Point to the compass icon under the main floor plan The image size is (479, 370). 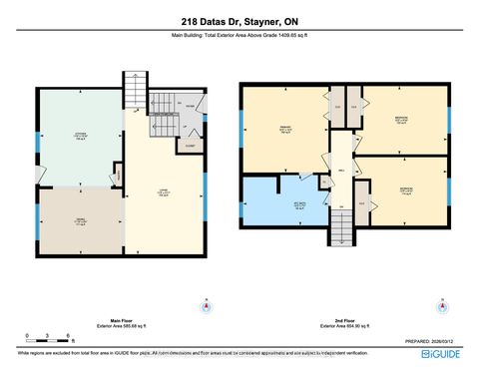[206, 305]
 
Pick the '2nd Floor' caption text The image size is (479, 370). [340, 318]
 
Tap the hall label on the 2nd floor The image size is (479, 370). [339, 172]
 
